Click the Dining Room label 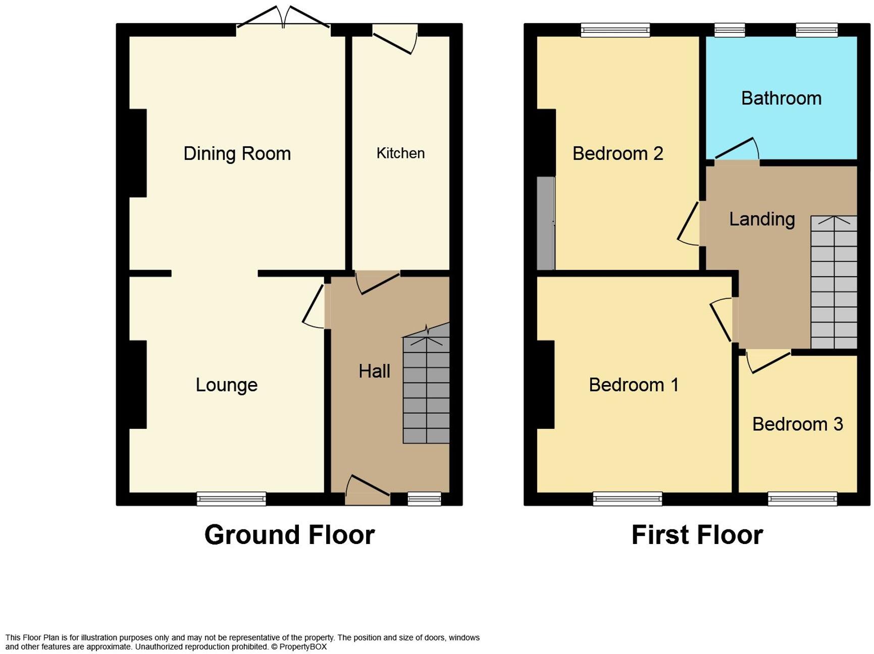[x=237, y=153]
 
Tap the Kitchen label [x=400, y=153]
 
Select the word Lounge [x=227, y=385]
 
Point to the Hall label [x=374, y=371]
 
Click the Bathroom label [x=781, y=98]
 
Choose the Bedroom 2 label [x=618, y=153]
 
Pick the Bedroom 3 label [x=797, y=424]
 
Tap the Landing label [x=762, y=219]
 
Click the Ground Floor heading [x=289, y=534]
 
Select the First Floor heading [x=697, y=534]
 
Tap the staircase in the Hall [x=426, y=389]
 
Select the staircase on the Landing [x=834, y=283]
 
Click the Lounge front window [x=231, y=499]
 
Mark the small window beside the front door [x=424, y=499]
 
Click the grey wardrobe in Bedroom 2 [x=545, y=223]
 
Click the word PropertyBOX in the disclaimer [x=303, y=646]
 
